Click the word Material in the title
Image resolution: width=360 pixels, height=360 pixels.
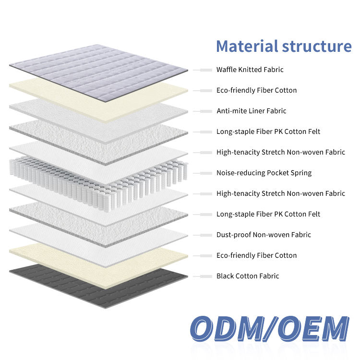point(245,47)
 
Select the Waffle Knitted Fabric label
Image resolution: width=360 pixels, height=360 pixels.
point(250,70)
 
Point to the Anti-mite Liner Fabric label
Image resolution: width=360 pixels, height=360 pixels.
point(251,111)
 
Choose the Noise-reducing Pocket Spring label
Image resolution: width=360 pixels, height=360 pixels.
point(264,173)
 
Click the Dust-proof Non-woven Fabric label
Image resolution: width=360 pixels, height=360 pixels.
point(264,235)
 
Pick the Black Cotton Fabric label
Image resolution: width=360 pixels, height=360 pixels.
point(248,276)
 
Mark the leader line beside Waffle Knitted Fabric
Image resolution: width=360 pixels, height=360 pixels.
point(202,70)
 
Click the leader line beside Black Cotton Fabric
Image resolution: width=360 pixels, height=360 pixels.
point(202,276)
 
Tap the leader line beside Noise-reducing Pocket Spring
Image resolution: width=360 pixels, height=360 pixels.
point(202,173)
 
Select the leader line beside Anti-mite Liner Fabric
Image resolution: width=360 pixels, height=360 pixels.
point(202,111)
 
